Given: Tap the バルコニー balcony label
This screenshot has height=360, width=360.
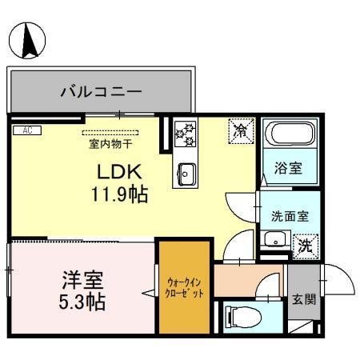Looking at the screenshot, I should tap(101, 92).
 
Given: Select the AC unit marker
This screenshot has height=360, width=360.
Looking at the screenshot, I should tap(27, 130).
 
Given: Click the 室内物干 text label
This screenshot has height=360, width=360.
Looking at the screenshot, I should tap(110, 144).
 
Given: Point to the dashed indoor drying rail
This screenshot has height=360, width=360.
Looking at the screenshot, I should tap(110, 133).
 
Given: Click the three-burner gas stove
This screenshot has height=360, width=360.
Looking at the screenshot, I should tap(185, 133).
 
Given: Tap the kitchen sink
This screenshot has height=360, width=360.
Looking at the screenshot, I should tap(186, 172).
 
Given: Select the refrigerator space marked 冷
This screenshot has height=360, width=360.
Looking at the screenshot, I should tap(239, 130).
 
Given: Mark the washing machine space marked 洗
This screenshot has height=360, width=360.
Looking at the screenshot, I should tap(305, 245).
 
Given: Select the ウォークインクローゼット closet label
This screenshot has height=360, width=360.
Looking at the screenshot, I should tap(186, 287).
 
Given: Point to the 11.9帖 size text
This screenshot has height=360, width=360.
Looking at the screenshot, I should tap(118, 194).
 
